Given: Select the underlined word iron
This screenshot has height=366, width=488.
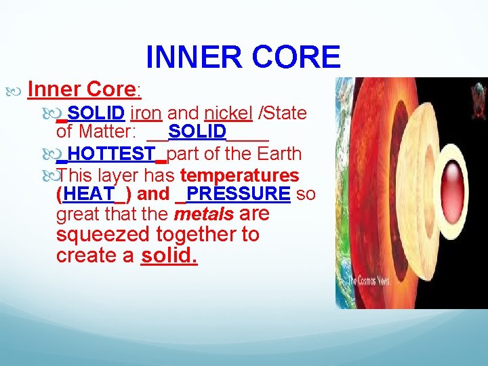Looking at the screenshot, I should tap(145, 113).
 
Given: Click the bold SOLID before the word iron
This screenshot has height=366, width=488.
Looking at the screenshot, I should tap(96, 113).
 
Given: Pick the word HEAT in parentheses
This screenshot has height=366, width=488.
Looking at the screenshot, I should tap(89, 194).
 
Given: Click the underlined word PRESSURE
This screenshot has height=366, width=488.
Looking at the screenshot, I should tap(238, 194).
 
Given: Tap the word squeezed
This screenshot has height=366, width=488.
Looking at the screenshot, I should tap(104, 235).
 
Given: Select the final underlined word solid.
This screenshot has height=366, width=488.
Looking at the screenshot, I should tap(169, 256).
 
